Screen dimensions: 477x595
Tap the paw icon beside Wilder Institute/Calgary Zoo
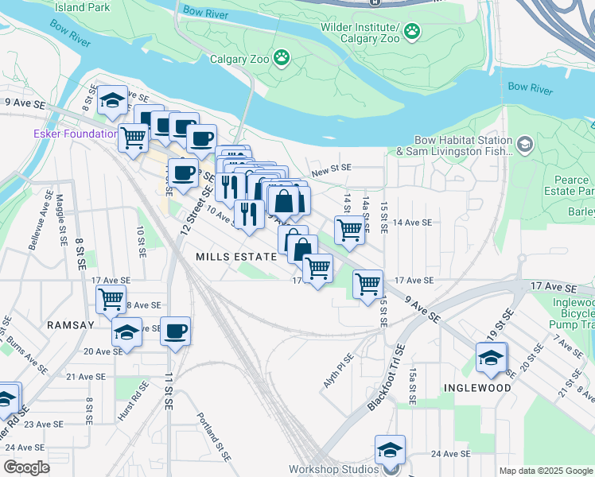click(x=412, y=31)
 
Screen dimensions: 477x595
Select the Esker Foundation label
click(x=75, y=134)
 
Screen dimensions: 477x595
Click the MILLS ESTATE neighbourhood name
click(x=235, y=257)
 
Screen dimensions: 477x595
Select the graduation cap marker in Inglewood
click(x=492, y=359)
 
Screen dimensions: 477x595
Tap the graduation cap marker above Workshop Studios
click(x=390, y=449)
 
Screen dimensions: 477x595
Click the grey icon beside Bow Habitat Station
click(x=524, y=145)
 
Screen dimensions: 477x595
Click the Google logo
click(x=26, y=467)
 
